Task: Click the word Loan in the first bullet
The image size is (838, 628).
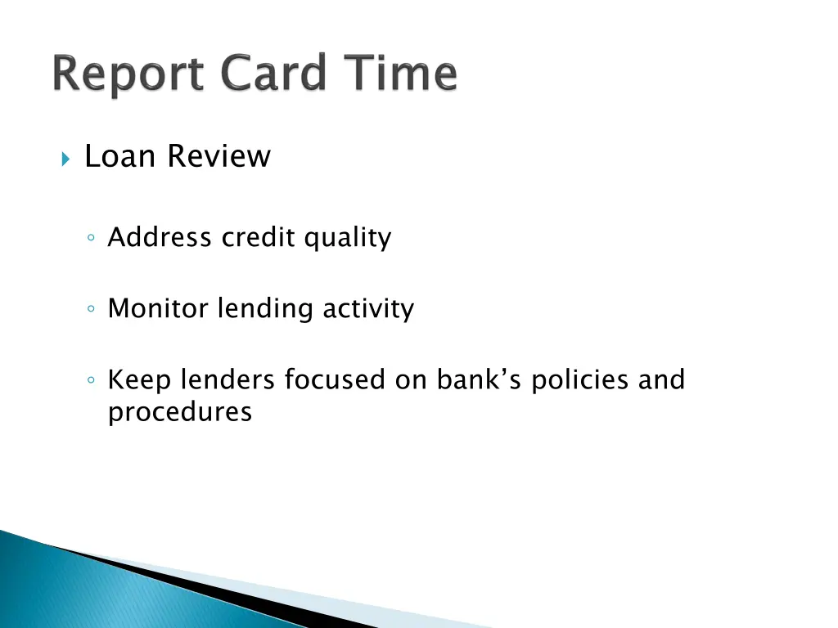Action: pyautogui.click(x=115, y=156)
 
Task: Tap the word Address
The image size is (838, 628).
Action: pyautogui.click(x=160, y=238)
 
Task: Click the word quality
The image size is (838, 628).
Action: pyautogui.click(x=348, y=239)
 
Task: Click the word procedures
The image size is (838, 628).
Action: pyautogui.click(x=180, y=412)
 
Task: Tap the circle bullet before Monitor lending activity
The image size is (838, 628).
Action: pyautogui.click(x=92, y=310)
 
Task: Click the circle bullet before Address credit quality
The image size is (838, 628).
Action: pyautogui.click(x=92, y=239)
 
